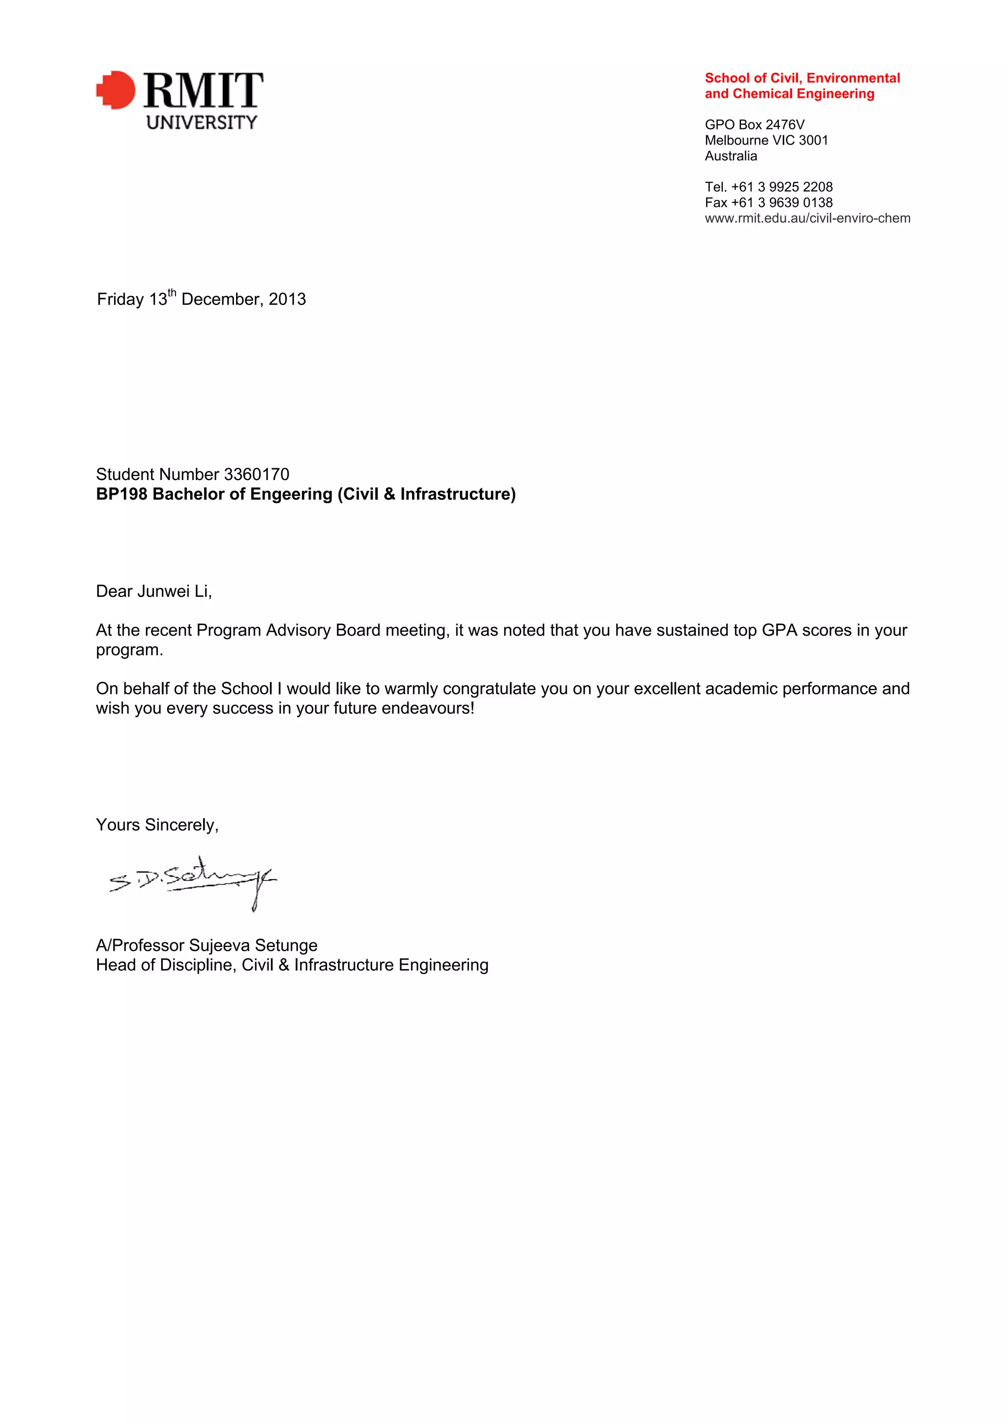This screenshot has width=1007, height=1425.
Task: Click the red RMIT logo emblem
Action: [116, 90]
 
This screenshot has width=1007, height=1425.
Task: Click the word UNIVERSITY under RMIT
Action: [202, 122]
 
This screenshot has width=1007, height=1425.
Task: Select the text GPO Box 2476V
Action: [754, 125]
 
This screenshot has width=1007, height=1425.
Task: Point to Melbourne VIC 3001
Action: [766, 140]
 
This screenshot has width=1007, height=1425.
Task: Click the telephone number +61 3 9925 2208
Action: [782, 187]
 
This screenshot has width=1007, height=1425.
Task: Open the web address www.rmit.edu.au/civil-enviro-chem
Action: [807, 218]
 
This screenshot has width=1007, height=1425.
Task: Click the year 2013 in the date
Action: [287, 299]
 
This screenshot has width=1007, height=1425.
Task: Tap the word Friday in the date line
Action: [120, 299]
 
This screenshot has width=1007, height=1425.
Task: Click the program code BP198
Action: [121, 494]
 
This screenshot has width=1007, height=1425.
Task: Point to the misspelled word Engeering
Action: [292, 494]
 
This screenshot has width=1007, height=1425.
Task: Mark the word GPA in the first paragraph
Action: [779, 630]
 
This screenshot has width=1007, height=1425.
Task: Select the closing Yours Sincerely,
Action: [157, 825]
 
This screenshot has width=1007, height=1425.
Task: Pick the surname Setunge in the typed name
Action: [286, 945]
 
